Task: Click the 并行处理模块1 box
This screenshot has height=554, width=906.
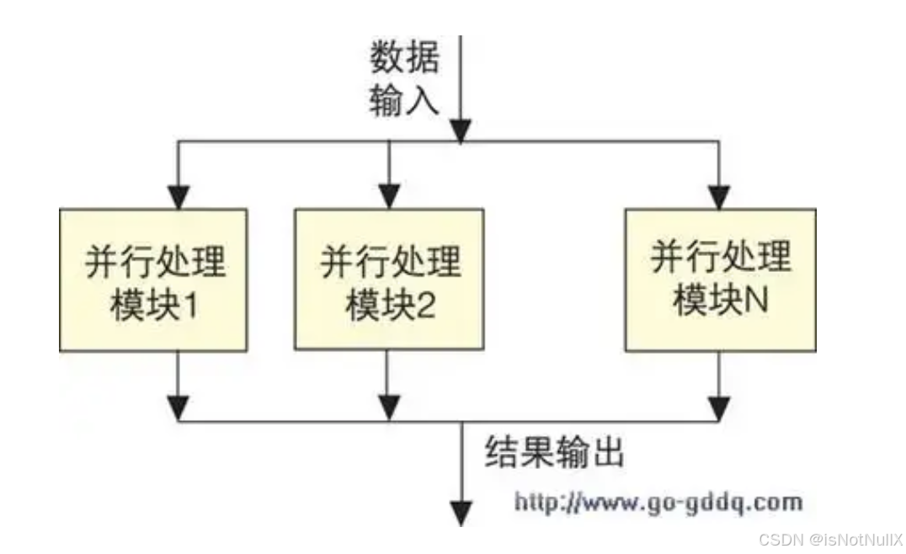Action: (152, 280)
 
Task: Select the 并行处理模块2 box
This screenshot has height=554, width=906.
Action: (388, 280)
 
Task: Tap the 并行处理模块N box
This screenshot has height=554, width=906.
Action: (720, 280)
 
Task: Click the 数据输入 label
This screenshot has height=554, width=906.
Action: (404, 79)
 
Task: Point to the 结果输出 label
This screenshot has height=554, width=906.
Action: (555, 453)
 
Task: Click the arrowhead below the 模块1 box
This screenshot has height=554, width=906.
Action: (178, 408)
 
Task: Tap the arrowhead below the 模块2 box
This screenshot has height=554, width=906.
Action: (388, 408)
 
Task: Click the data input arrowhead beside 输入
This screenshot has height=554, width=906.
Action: (460, 131)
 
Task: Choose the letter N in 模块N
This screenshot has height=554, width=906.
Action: (755, 301)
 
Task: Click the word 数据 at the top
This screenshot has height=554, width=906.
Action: (404, 58)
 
